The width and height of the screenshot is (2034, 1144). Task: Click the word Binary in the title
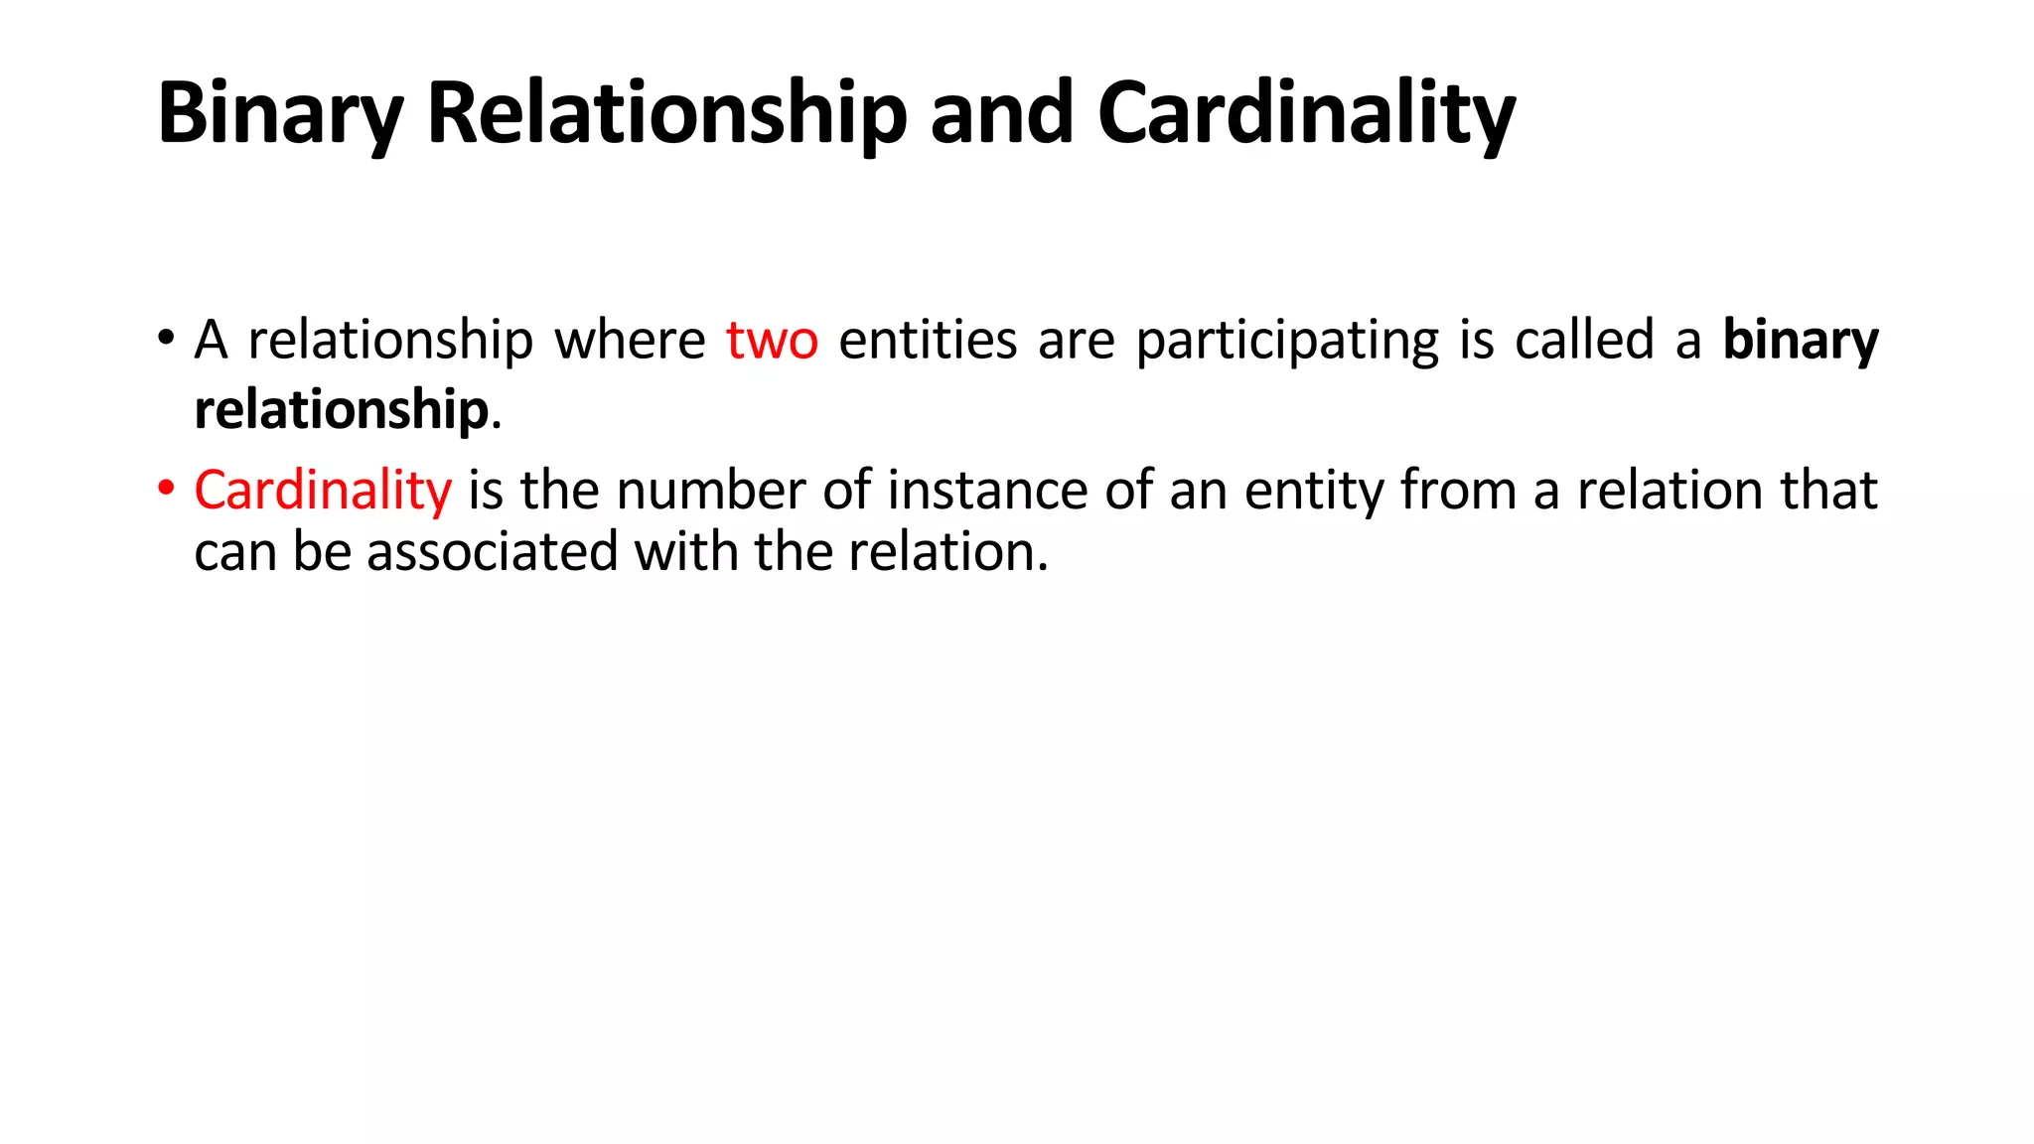(279, 114)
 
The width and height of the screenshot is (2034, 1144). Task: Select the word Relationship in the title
(666, 114)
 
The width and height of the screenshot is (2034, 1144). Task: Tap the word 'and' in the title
(1001, 114)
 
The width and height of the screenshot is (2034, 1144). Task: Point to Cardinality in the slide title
(1305, 114)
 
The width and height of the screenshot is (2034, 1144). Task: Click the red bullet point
(166, 488)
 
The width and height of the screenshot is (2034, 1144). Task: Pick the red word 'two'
(772, 341)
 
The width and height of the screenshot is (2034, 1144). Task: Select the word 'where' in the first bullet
(630, 341)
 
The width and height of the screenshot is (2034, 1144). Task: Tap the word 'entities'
(928, 341)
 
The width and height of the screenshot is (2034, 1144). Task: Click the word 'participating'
(1286, 341)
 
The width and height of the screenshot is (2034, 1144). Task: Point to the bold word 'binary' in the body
(1800, 341)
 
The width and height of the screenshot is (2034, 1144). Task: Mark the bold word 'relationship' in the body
(341, 410)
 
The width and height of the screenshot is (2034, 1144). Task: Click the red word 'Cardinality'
(323, 491)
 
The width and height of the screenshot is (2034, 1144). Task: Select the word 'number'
(710, 491)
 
